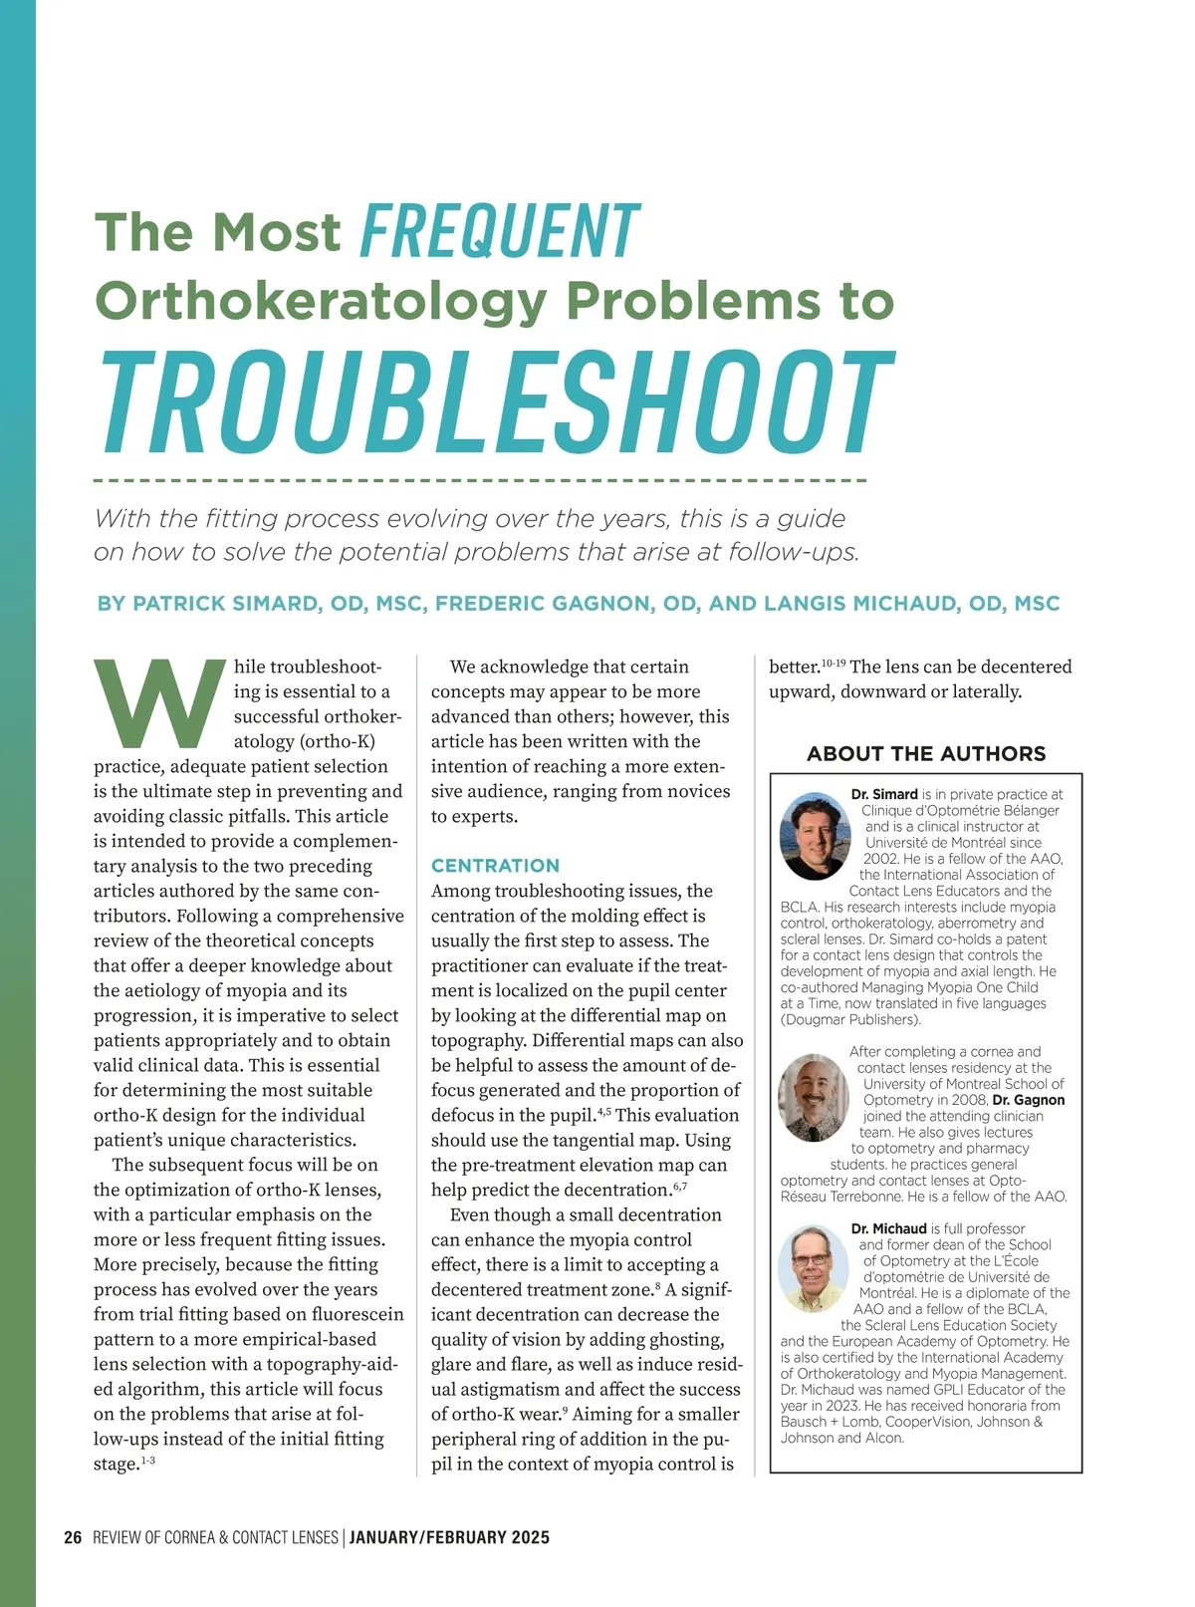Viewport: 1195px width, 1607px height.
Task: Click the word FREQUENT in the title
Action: point(500,231)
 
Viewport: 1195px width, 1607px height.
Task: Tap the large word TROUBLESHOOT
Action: point(497,404)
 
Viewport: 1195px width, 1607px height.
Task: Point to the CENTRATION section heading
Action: point(495,866)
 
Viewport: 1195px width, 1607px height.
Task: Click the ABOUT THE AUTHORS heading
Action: point(926,754)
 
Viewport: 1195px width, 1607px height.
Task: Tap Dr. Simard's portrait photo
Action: point(815,836)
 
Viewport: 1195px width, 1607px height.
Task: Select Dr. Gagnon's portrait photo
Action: point(813,1098)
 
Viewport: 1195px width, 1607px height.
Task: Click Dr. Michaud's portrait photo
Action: point(814,1268)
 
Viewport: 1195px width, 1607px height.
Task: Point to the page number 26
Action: point(73,1537)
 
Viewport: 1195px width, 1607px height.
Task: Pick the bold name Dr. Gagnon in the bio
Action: point(1029,1100)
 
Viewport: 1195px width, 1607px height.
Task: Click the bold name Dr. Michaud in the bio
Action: point(888,1228)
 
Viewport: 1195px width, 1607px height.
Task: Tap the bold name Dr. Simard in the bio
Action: point(884,794)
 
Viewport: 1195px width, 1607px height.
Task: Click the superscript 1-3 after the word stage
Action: point(147,1461)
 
